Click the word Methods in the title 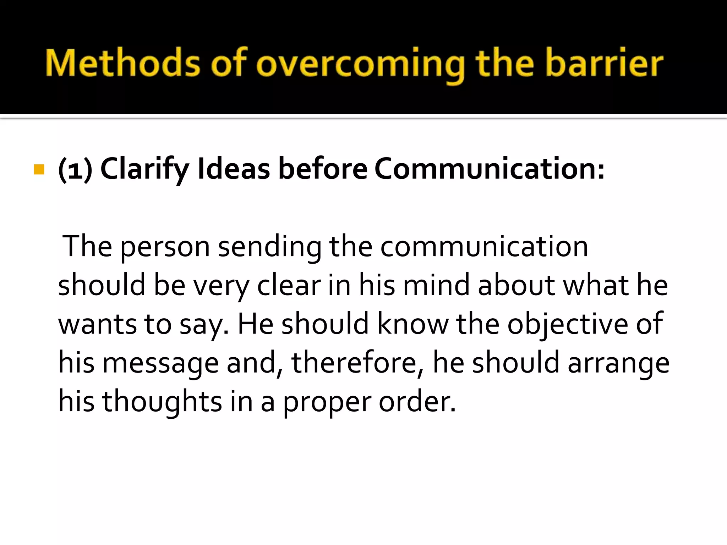click(123, 63)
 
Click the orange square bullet click(39, 170)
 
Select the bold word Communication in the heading click(488, 169)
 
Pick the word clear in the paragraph click(289, 285)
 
